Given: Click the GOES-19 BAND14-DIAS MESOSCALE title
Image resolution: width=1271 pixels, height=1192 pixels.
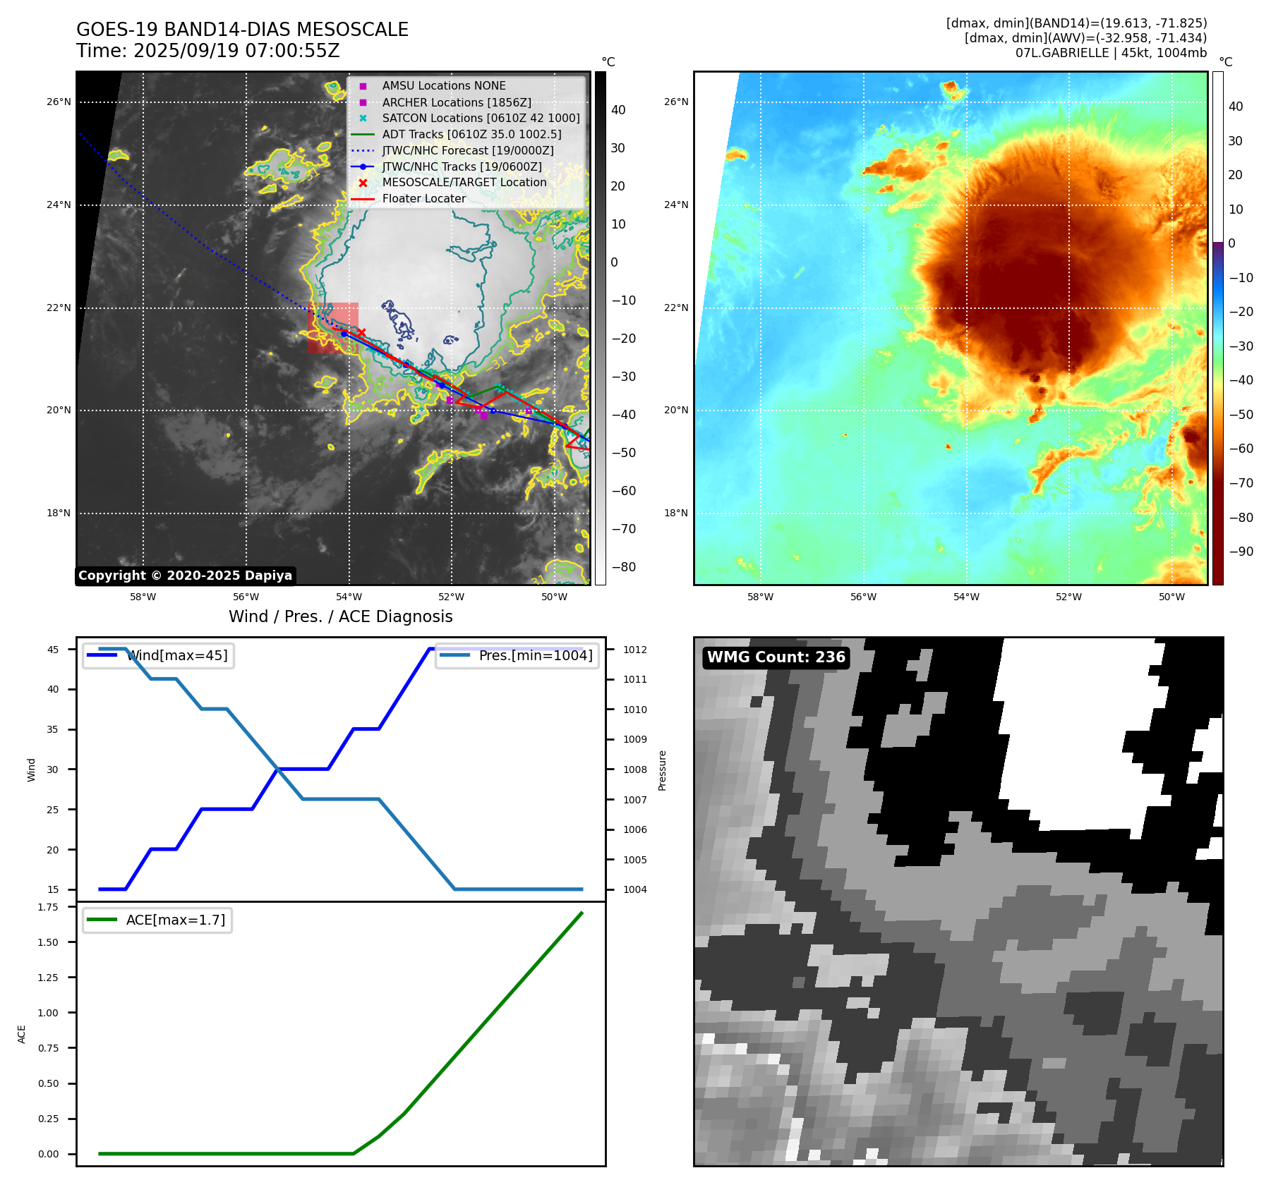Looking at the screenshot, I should [242, 30].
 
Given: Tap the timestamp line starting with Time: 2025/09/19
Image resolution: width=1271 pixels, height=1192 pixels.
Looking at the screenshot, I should [208, 51].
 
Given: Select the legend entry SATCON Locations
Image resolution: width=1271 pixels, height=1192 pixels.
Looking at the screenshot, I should [481, 118].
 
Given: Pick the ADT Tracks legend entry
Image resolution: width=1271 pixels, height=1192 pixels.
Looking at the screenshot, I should [471, 134].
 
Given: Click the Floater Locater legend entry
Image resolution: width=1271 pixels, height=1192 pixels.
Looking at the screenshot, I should [423, 198].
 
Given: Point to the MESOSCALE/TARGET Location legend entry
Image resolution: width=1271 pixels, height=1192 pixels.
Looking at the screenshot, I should [464, 182].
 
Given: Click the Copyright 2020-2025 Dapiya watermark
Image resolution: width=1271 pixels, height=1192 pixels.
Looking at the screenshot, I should [185, 576].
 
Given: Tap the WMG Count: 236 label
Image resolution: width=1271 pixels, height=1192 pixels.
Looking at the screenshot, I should [776, 657].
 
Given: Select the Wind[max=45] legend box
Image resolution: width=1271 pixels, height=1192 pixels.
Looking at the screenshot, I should [159, 655].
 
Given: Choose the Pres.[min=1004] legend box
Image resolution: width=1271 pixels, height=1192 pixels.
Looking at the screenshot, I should [517, 655].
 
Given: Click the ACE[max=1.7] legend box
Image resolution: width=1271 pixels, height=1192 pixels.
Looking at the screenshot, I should [157, 920].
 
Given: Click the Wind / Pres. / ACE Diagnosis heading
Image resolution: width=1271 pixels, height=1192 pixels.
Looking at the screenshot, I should [340, 616].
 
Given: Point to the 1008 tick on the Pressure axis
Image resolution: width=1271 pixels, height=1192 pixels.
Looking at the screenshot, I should [634, 770].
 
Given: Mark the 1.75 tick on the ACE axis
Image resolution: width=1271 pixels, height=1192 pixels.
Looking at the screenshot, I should [48, 907].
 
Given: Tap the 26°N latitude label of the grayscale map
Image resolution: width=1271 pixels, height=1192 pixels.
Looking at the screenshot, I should [59, 102].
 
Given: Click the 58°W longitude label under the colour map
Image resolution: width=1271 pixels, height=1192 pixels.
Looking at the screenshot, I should [760, 597].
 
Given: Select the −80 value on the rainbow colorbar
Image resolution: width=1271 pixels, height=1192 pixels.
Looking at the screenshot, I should [1241, 517].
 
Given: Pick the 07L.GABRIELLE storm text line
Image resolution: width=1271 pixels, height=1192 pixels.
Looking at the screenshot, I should [1111, 53].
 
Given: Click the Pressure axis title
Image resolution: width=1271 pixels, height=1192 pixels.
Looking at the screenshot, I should [662, 770].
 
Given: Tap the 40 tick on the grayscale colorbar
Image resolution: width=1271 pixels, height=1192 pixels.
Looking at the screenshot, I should [618, 110].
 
